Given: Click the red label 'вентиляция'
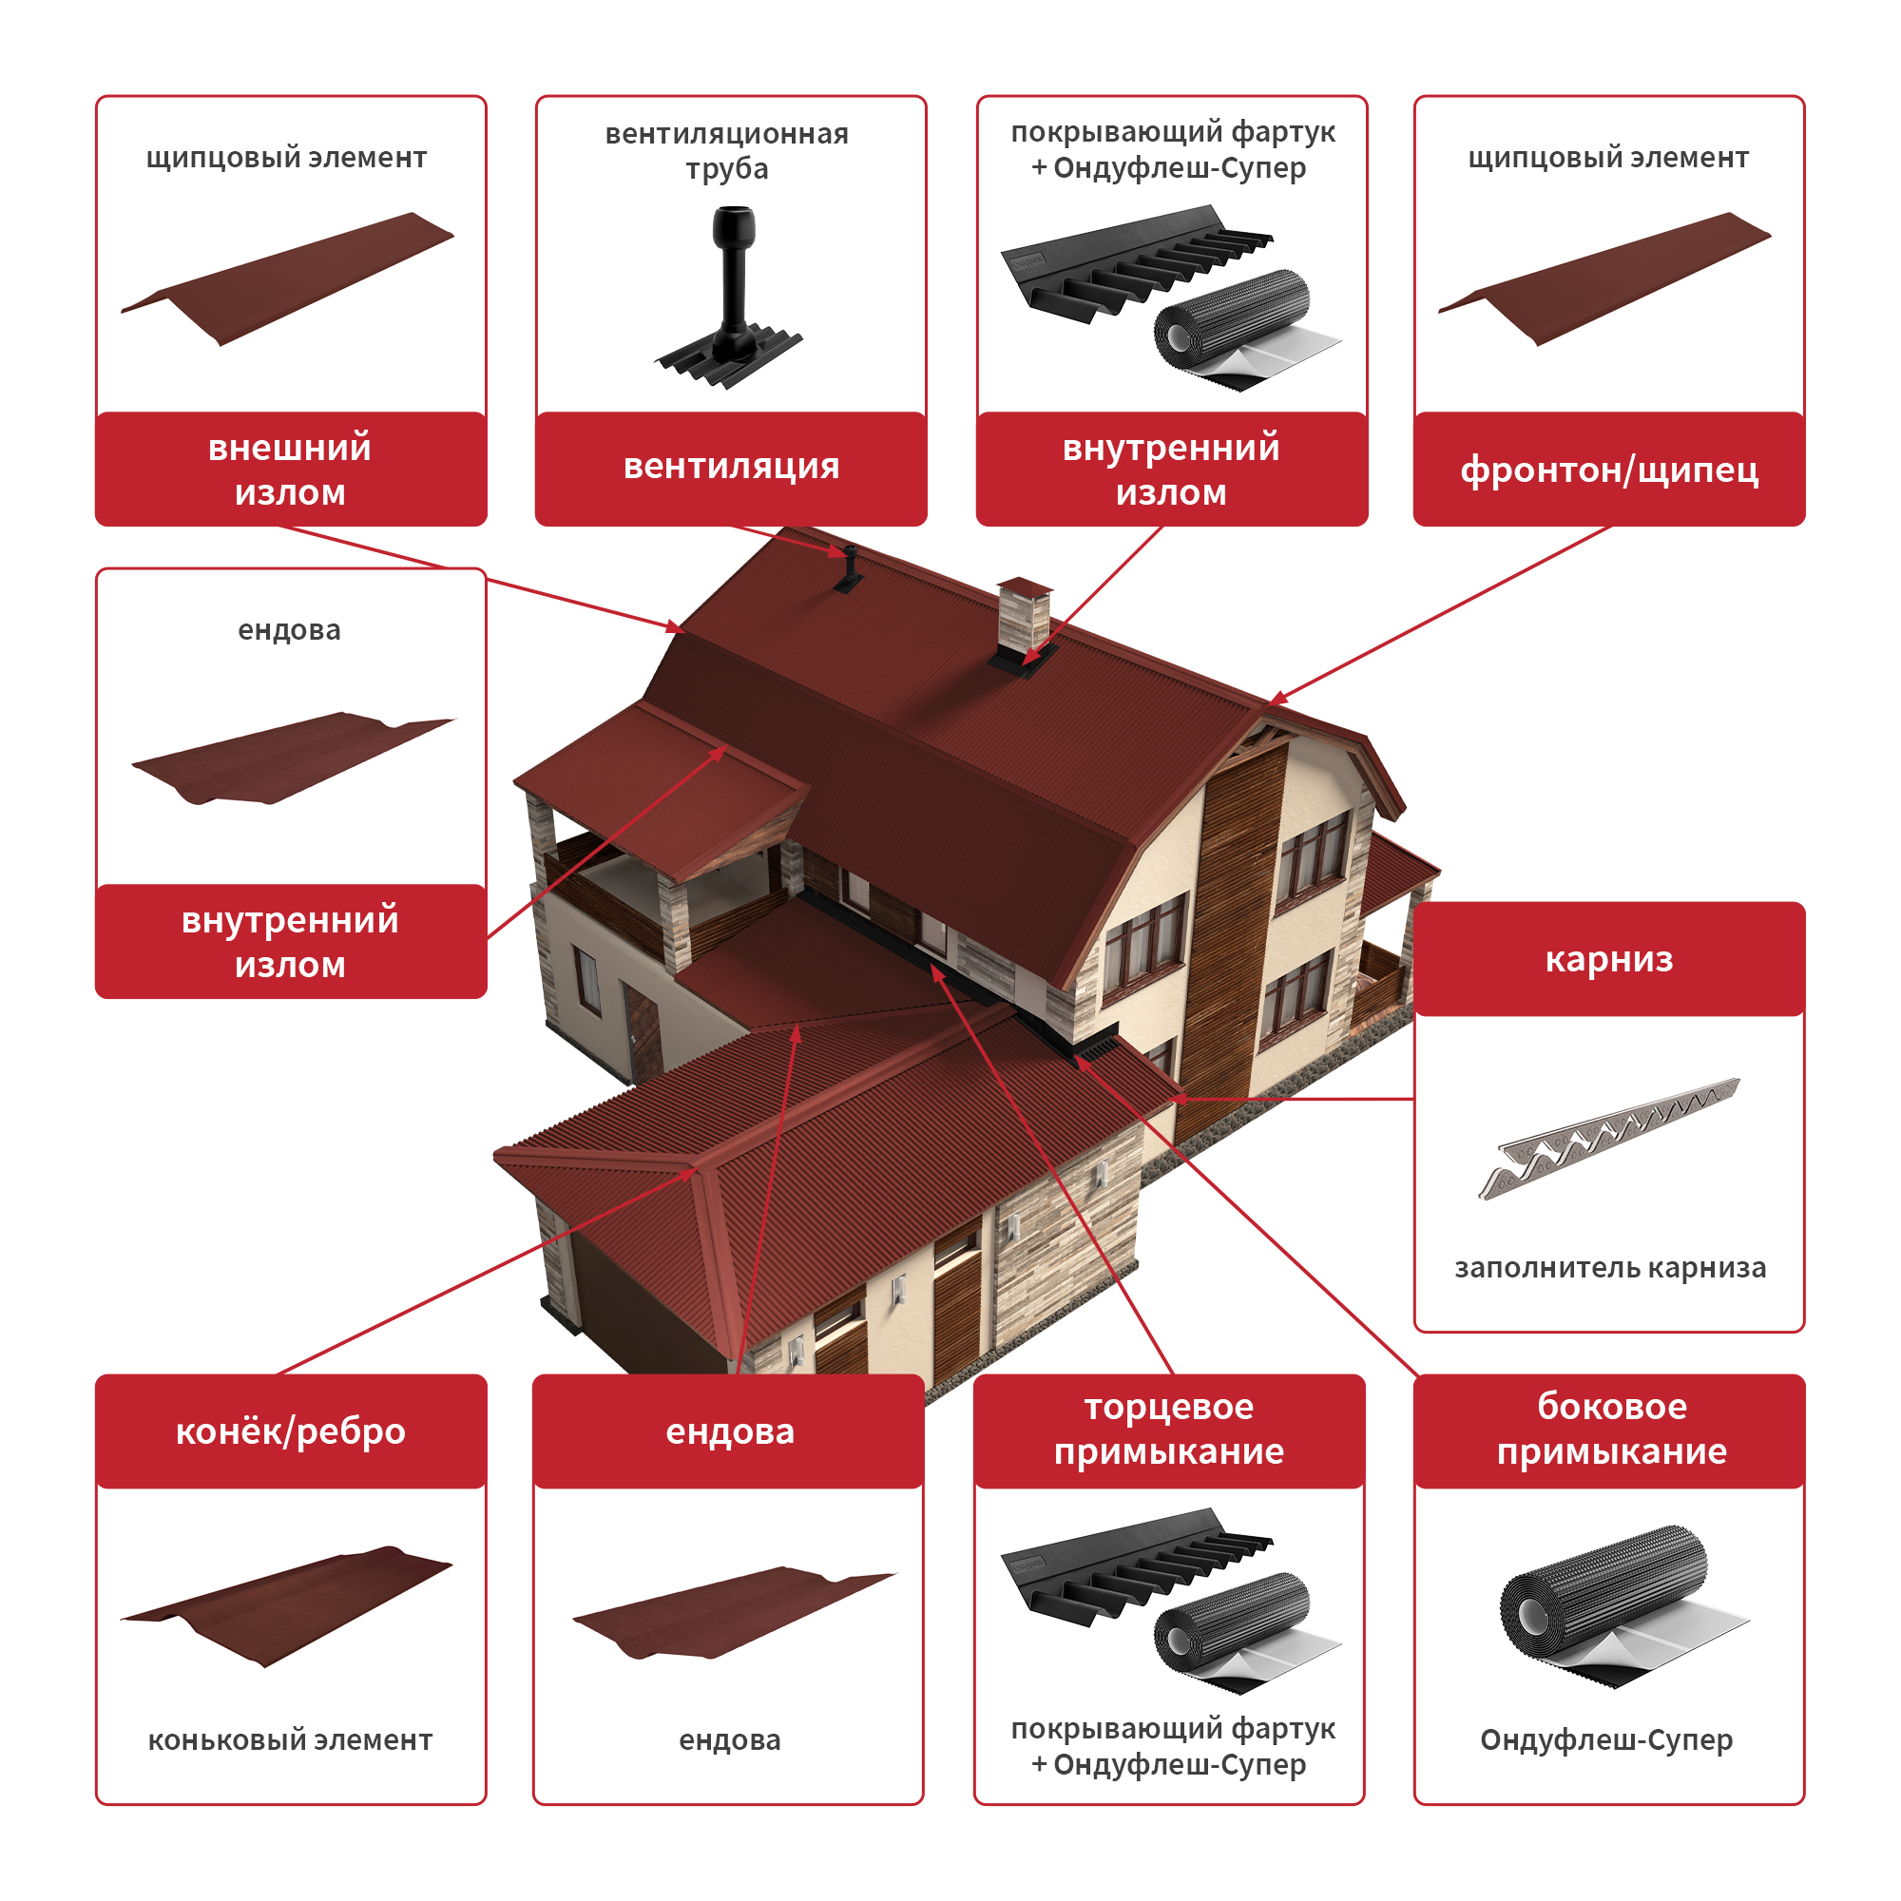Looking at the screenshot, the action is (731, 469).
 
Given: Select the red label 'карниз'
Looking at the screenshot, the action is (1609, 959).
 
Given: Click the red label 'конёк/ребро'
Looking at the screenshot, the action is (291, 1431).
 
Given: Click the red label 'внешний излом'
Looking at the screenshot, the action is (291, 469).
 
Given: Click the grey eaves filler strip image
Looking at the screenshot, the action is (1609, 1138).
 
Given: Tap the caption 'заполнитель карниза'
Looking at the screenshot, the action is (1610, 1267).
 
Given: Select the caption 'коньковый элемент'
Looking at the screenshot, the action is (290, 1739).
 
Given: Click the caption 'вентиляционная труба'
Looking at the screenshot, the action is (727, 150).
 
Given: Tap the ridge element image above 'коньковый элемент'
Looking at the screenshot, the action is (286, 1605).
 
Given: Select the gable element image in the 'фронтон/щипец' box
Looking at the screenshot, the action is (1603, 278).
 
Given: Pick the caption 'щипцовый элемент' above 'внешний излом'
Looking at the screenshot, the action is (286, 158).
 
